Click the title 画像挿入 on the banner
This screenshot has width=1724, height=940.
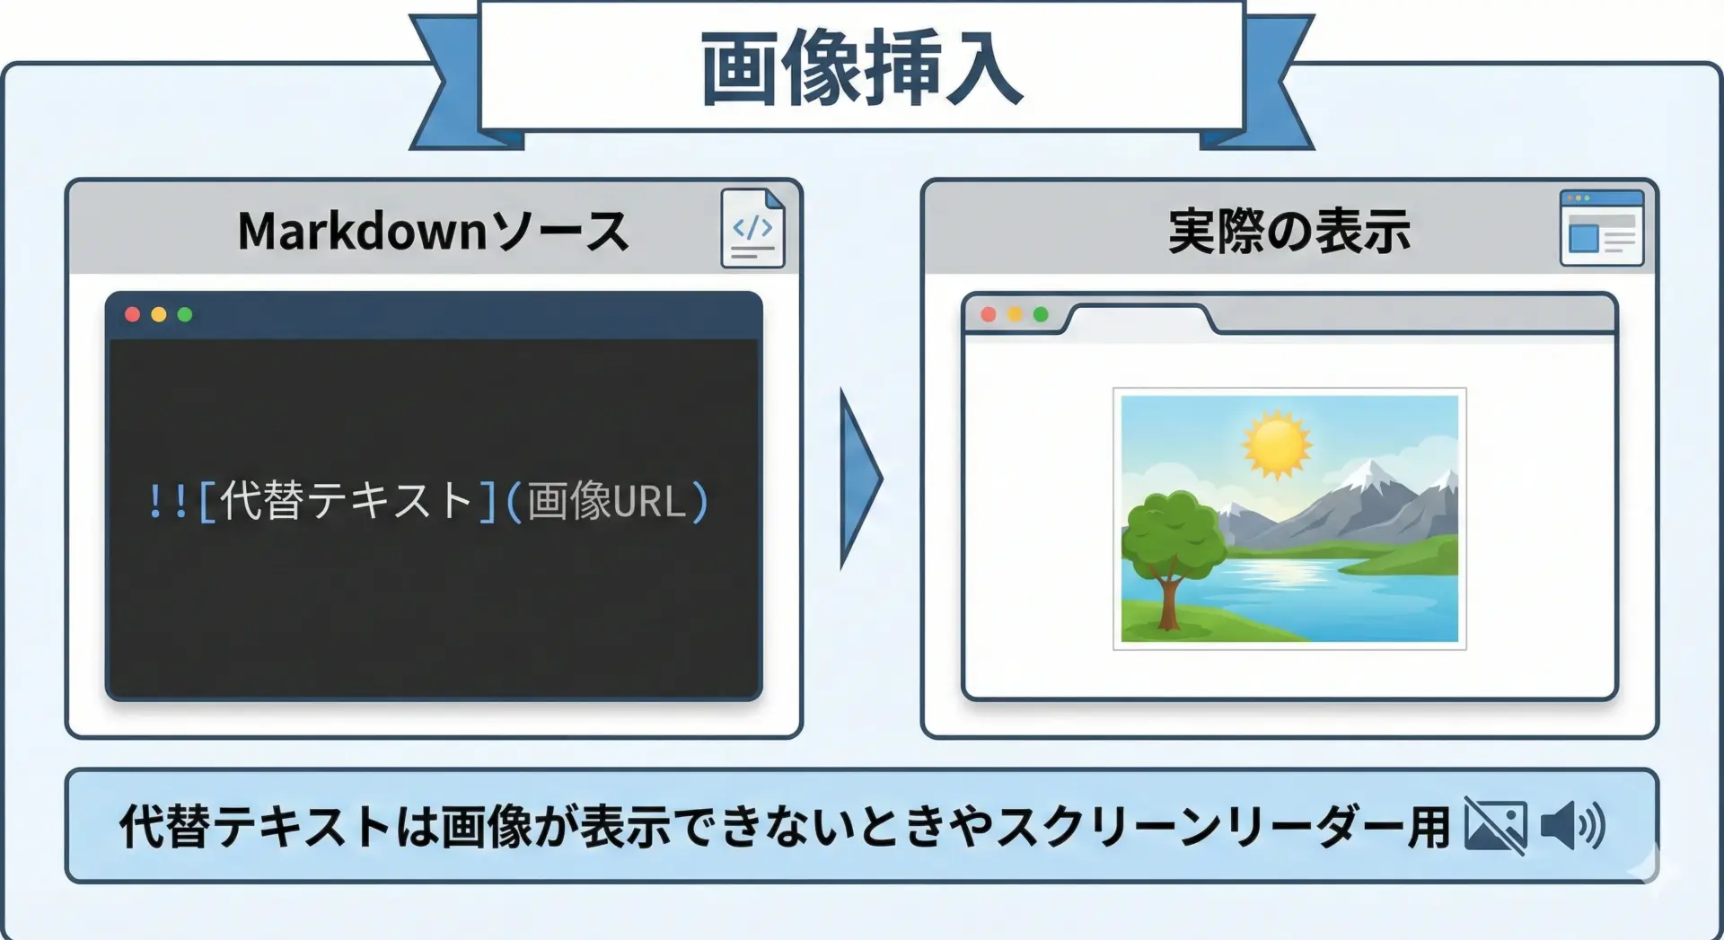coord(861,68)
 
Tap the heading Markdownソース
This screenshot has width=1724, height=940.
coord(433,231)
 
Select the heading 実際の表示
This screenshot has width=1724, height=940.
coord(1289,232)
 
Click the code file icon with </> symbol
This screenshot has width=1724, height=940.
coord(752,228)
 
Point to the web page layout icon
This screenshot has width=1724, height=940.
coord(1602,228)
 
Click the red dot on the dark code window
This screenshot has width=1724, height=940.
coord(132,314)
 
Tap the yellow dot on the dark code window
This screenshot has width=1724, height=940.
coord(159,314)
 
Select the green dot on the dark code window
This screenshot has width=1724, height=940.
coord(185,314)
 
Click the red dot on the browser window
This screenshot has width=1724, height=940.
coord(989,314)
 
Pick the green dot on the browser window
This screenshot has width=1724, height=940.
coord(1041,314)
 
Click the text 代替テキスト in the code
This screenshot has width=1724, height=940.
coord(346,500)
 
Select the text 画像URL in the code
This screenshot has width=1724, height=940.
coord(606,501)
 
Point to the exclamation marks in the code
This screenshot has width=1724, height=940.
coord(168,501)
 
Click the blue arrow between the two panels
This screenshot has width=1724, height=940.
coord(860,479)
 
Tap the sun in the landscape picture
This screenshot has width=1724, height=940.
coord(1276,444)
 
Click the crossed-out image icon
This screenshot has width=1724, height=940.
coord(1495,825)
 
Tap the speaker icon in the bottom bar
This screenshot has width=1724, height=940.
coord(1572,825)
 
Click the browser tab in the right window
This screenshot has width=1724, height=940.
coord(1138,321)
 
